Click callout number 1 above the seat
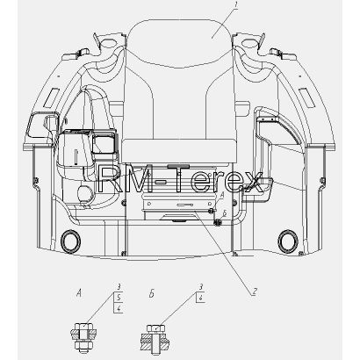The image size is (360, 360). tap(236, 6)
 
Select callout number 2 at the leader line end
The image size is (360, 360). tap(254, 292)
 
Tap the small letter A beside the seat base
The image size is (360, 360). tap(221, 195)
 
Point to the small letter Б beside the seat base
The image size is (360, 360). tap(224, 213)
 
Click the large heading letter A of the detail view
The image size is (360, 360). tap(78, 292)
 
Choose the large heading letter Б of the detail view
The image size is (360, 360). tap(152, 293)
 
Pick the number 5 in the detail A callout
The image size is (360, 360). tap(119, 298)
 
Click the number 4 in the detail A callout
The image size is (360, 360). tap(119, 308)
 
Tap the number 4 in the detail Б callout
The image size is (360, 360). tap(201, 299)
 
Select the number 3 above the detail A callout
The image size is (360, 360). tap(119, 287)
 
